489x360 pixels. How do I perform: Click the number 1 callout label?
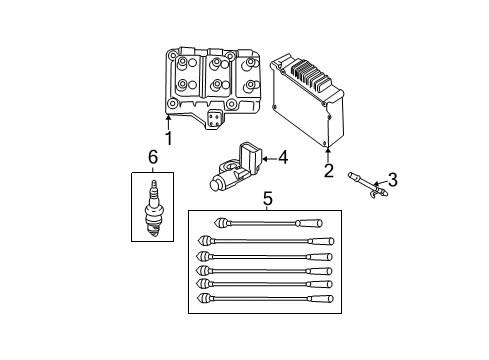[168, 138]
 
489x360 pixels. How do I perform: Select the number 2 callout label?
[327, 170]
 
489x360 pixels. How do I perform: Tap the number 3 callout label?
[392, 180]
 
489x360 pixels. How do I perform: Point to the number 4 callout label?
[282, 157]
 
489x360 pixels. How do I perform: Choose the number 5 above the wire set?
[266, 199]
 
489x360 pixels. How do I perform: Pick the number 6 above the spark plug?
[152, 157]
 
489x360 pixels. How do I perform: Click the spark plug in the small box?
[154, 208]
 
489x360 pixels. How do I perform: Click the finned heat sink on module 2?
[310, 74]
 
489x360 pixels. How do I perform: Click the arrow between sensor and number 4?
[268, 157]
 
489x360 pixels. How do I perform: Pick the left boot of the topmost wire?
[202, 223]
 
